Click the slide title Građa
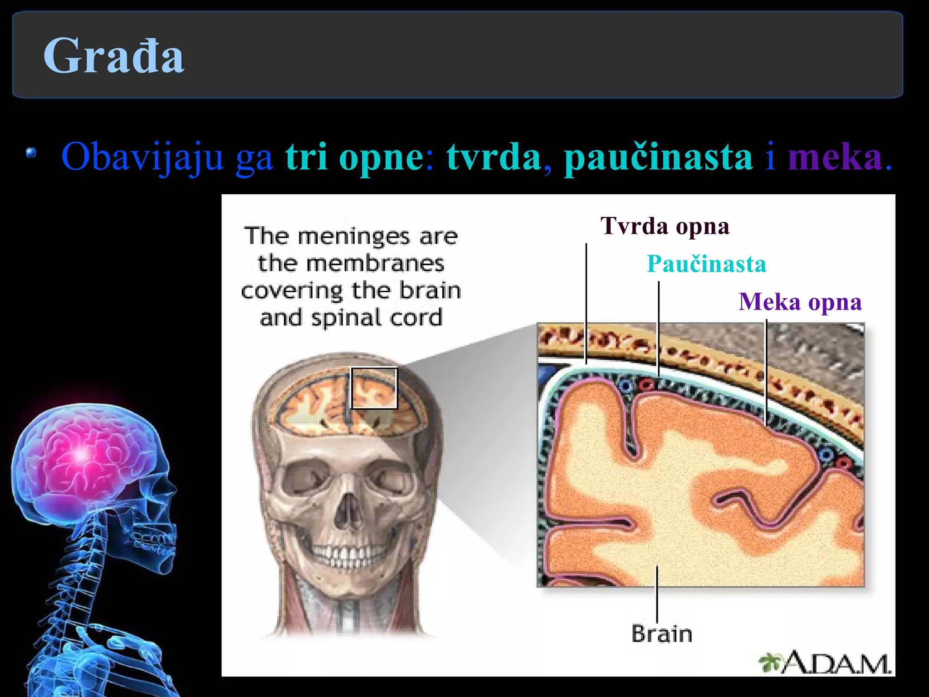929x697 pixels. click(x=113, y=56)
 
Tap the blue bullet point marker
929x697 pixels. click(x=31, y=153)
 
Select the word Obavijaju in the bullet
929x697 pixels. click(x=142, y=157)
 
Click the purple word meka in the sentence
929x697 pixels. click(x=835, y=157)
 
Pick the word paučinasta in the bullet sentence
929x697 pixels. click(x=658, y=157)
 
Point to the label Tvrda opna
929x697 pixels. click(x=665, y=226)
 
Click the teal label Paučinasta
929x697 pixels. click(x=706, y=264)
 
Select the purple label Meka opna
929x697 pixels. click(x=800, y=302)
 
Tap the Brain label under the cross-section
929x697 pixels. click(x=662, y=634)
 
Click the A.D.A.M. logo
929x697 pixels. click(x=826, y=663)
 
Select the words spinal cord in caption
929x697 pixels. click(x=376, y=318)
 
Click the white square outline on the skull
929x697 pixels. click(x=374, y=388)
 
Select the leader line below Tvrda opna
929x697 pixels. click(x=586, y=304)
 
